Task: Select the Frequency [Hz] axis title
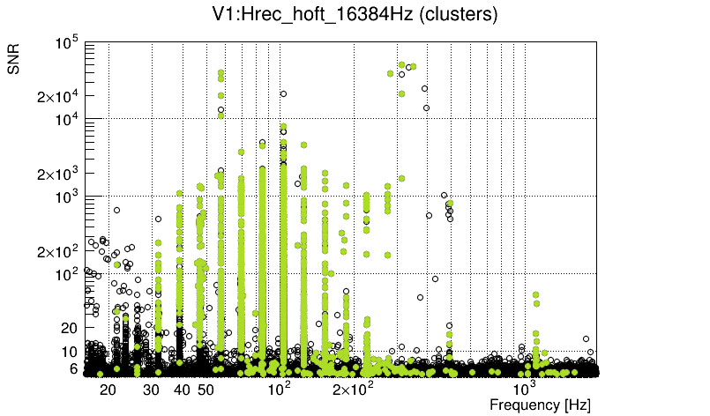click(540, 405)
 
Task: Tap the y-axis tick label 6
click(74, 369)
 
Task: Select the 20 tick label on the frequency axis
click(108, 390)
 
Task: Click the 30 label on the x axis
click(151, 390)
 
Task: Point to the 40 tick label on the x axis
click(182, 390)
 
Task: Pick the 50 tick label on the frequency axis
click(206, 390)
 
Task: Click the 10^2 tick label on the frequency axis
click(280, 389)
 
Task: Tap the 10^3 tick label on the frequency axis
click(525, 389)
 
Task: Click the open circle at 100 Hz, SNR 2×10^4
click(283, 93)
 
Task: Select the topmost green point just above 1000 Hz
click(535, 294)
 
